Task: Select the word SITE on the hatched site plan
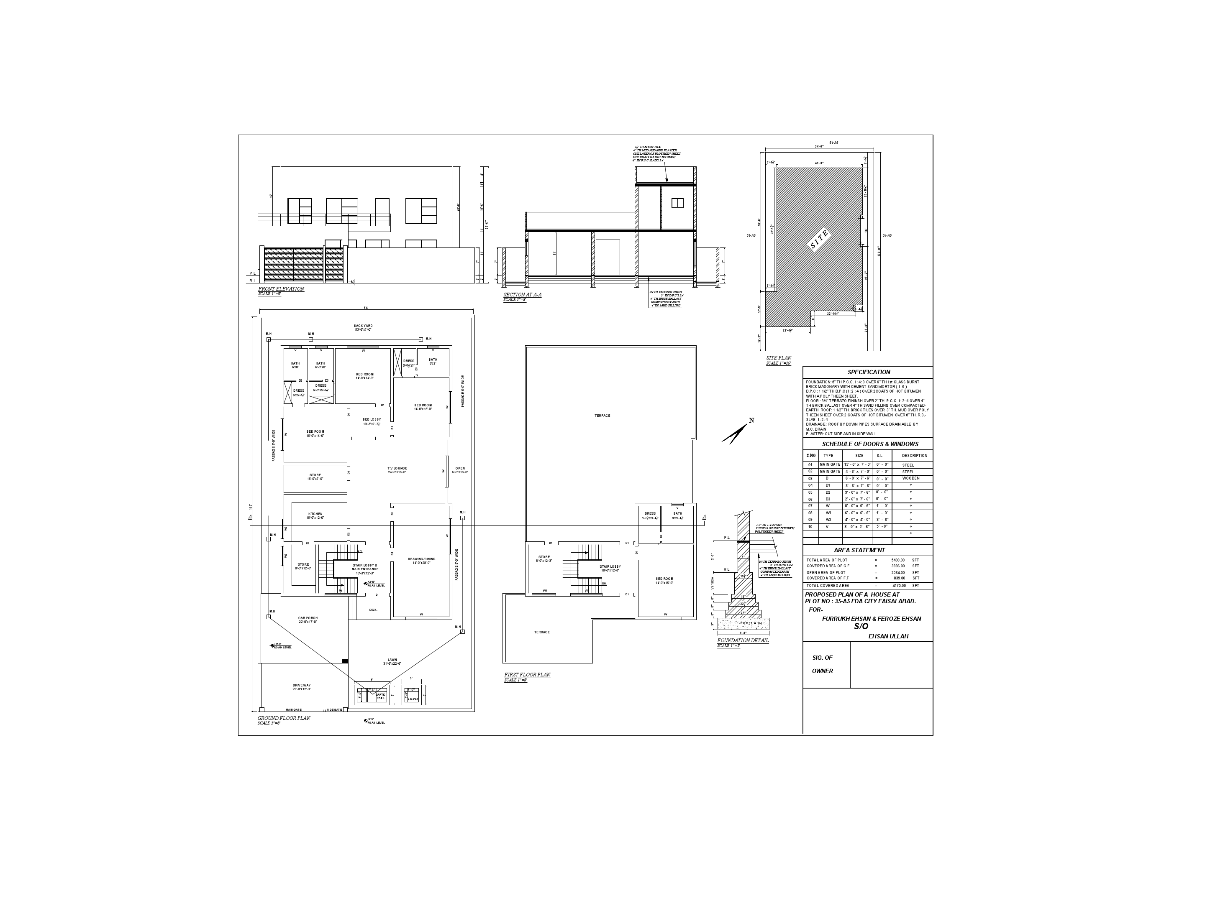click(x=819, y=240)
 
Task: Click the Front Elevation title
click(x=281, y=289)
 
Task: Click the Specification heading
click(x=868, y=372)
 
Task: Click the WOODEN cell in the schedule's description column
click(x=910, y=478)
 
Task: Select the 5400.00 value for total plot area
click(x=898, y=560)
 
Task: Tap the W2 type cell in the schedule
click(x=828, y=520)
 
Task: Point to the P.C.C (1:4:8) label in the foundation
click(x=743, y=623)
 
